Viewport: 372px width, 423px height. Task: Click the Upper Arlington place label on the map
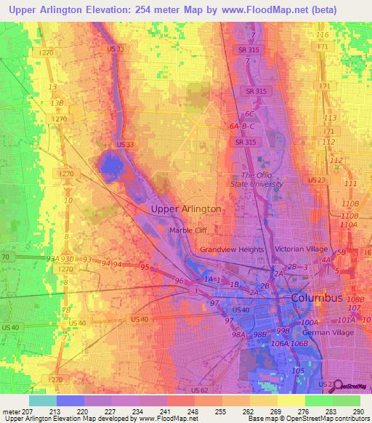pyautogui.click(x=185, y=209)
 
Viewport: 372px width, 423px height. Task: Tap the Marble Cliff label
pyautogui.click(x=191, y=231)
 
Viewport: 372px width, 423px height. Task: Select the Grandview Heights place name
pyautogui.click(x=232, y=249)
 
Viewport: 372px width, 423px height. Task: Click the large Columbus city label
pyautogui.click(x=316, y=298)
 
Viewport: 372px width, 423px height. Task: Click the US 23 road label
pyautogui.click(x=316, y=180)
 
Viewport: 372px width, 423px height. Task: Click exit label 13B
pyautogui.click(x=57, y=103)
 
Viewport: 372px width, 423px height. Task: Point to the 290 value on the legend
pyautogui.click(x=358, y=412)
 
